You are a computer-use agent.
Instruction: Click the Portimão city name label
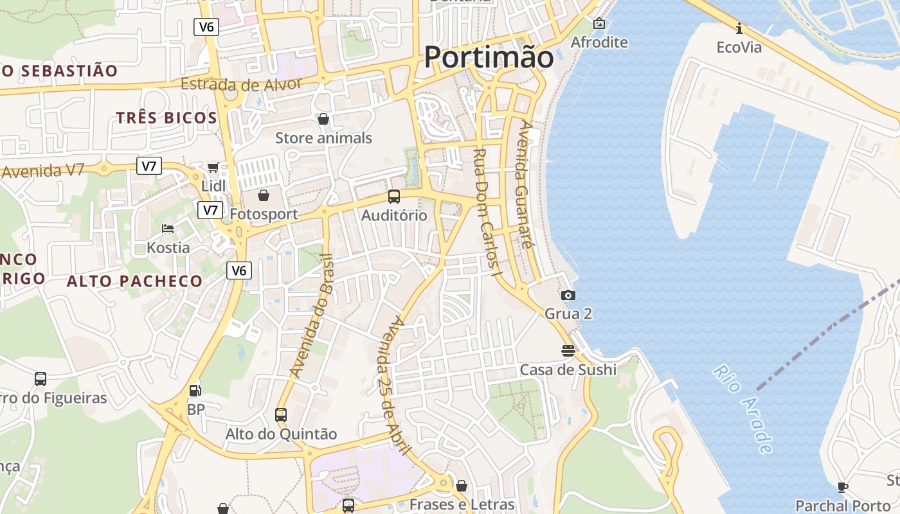pos(489,57)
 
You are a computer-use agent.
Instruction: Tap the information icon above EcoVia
pos(739,28)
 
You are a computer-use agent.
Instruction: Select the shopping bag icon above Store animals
pos(323,119)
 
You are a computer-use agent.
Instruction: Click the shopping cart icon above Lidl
pos(213,168)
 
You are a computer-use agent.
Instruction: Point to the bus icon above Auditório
pos(394,197)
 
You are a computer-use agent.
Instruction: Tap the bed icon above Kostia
pos(168,229)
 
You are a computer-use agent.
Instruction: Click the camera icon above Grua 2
pos(568,296)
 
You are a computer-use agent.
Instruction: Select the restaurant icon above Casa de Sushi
pos(568,351)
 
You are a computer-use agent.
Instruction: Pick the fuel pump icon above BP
pos(195,390)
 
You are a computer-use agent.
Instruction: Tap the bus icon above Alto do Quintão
pos(281,415)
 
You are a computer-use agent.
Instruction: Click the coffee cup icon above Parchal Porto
pos(842,487)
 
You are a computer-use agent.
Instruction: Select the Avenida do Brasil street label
pos(312,315)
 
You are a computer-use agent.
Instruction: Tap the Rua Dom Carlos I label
pos(487,212)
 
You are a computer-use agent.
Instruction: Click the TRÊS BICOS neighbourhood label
pos(166,118)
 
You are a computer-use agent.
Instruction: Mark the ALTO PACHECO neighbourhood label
pos(135,281)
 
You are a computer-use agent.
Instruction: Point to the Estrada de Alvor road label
pos(241,84)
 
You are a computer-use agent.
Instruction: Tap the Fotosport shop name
pos(264,215)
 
